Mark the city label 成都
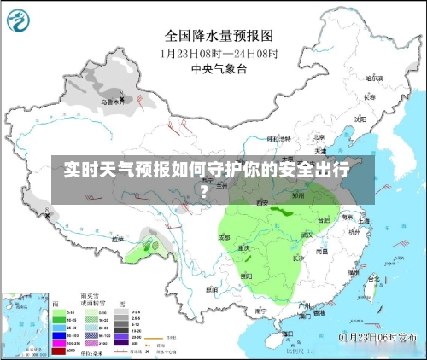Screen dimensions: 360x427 [x=223, y=236]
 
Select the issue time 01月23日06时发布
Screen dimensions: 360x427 [x=379, y=337]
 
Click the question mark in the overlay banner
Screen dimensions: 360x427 [x=204, y=189]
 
